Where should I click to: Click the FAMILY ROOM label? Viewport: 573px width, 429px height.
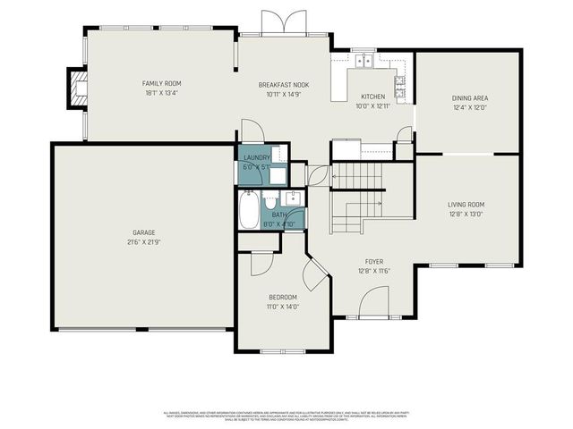[156, 82]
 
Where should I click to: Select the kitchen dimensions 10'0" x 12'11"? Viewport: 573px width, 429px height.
[372, 105]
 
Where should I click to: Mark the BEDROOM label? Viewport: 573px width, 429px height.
[283, 298]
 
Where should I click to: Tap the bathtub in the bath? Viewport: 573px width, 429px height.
[249, 213]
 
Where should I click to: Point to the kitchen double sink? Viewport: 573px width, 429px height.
[364, 62]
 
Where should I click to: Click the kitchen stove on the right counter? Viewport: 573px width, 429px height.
[399, 87]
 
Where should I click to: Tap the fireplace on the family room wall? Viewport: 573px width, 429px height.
[74, 88]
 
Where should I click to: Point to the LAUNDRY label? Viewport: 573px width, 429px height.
[257, 158]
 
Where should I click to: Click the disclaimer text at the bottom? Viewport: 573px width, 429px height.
[286, 416]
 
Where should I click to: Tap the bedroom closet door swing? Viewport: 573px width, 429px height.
[262, 261]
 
